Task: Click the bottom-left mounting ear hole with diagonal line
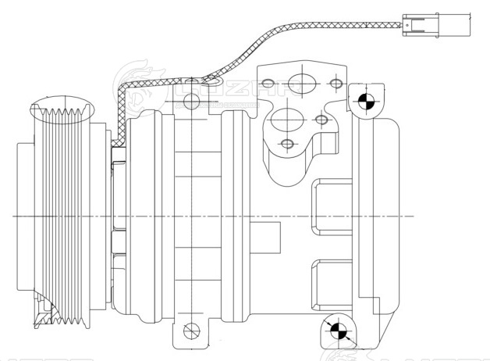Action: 187,329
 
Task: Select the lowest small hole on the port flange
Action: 288,144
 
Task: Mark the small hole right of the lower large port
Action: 321,120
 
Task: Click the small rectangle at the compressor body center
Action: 268,233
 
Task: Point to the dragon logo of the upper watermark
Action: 136,86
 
